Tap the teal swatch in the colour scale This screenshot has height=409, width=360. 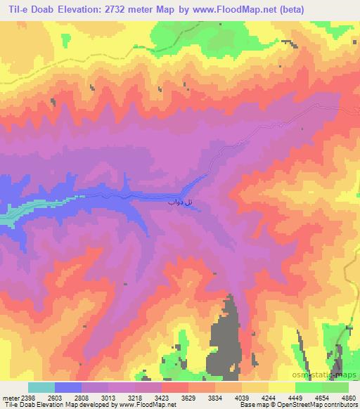[x=41, y=387]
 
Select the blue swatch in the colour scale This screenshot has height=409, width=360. [x=68, y=387]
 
